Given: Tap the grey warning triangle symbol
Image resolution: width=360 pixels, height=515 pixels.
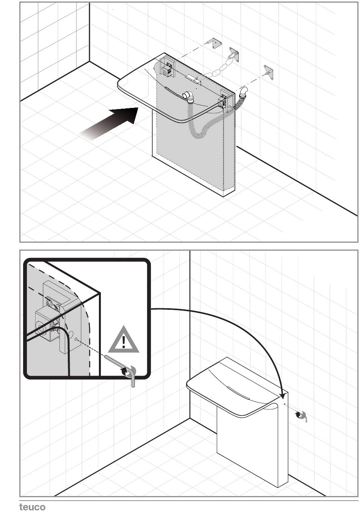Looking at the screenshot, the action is [x=124, y=339].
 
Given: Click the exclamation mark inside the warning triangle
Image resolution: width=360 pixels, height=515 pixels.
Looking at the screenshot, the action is [x=124, y=342].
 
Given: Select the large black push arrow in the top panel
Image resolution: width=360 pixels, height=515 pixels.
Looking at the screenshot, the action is [x=108, y=124].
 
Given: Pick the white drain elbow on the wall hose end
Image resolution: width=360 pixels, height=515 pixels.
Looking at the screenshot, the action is [x=243, y=91].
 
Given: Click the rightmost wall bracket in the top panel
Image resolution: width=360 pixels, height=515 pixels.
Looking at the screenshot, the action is [x=268, y=72].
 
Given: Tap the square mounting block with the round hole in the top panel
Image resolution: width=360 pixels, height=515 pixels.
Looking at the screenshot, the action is [x=166, y=72].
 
